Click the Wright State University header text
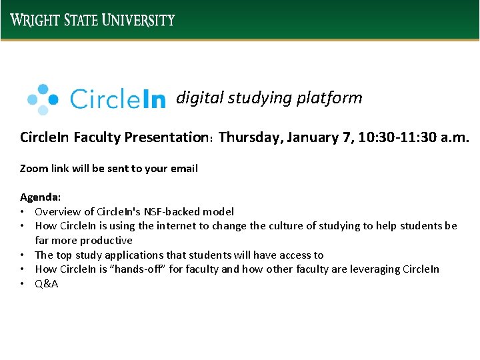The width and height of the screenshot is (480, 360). (x=93, y=19)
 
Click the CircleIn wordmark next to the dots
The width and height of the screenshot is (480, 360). (x=117, y=99)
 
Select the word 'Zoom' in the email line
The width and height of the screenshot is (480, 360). (x=33, y=168)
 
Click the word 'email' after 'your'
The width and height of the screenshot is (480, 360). (x=183, y=168)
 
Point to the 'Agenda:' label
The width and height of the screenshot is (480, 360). (x=40, y=197)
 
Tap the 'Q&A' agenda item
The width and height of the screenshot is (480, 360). (x=47, y=283)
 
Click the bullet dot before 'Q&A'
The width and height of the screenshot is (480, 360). (x=23, y=284)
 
